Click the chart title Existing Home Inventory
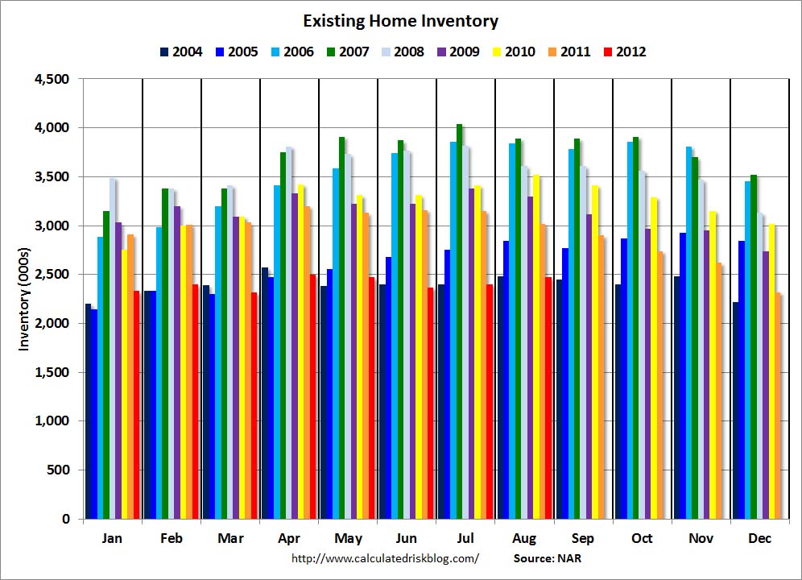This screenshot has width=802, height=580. coord(400,21)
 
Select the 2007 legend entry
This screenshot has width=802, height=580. coord(346,52)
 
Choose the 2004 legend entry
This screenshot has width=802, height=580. coord(180,52)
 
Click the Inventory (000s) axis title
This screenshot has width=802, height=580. coord(24,299)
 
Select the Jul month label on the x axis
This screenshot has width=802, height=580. coord(465,538)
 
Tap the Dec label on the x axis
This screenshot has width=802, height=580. coord(759,538)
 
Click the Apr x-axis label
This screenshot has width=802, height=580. coord(289,538)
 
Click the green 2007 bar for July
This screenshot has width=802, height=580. coord(459,322)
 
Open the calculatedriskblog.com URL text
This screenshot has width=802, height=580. coord(385,557)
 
